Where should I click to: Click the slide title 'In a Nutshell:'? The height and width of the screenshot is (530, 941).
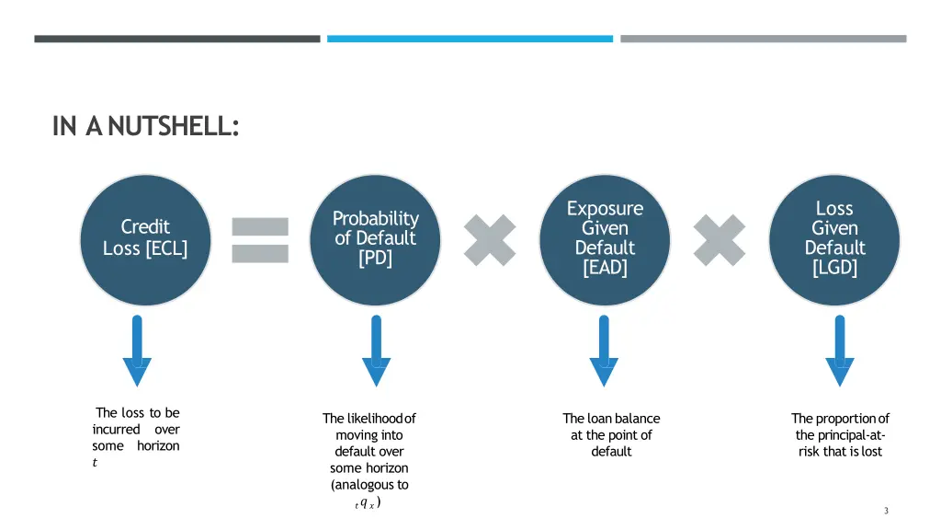point(145,126)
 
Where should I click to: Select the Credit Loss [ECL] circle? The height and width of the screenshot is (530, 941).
point(145,240)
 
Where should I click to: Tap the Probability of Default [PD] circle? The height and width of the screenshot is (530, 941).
point(375,240)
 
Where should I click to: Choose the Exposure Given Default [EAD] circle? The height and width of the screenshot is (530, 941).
point(605,240)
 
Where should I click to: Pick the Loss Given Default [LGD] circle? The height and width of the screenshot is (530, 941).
point(834,240)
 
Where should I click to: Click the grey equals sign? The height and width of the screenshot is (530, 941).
point(260,240)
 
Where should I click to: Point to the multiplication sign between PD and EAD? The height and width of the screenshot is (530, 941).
point(490,240)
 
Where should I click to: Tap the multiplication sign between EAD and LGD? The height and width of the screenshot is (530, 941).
point(720,240)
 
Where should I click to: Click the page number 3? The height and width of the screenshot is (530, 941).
point(886,512)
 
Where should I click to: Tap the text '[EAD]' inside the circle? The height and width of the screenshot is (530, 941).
point(605,268)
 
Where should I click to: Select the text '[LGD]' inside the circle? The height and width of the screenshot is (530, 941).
point(834,268)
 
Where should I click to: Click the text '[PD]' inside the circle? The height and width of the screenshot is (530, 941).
point(375,258)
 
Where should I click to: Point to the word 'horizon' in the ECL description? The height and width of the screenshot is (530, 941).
point(158,446)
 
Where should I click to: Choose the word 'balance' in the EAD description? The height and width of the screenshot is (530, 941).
point(637,419)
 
